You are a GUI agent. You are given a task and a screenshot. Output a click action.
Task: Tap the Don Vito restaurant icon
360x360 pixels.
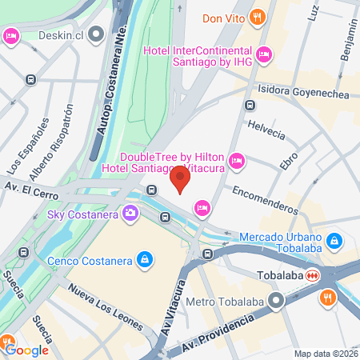point(257,16)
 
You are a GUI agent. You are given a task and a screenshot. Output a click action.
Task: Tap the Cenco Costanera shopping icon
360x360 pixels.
point(145,259)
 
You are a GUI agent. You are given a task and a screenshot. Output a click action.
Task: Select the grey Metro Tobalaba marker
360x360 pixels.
point(278,302)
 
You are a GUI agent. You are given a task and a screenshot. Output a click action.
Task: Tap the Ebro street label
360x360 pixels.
point(289,158)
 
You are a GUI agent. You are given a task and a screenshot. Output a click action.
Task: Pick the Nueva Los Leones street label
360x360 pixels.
point(103,306)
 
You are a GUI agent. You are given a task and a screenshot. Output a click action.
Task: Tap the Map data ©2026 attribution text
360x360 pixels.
point(325,354)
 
